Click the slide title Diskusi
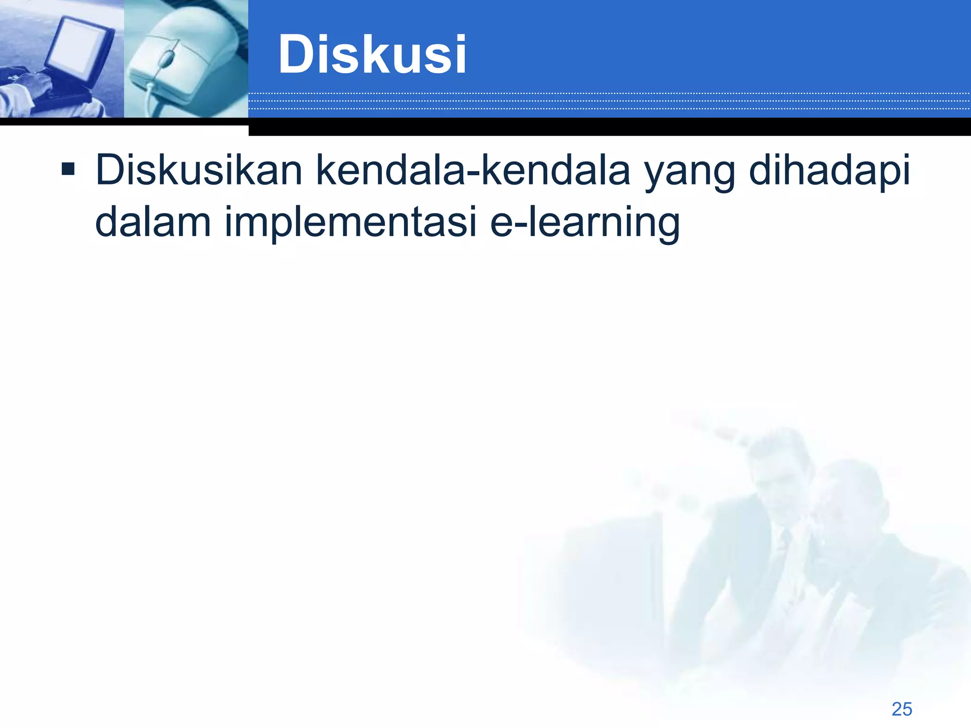pos(372,55)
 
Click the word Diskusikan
pos(199,170)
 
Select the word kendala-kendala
pos(473,170)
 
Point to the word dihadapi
pos(829,170)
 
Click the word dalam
pos(153,222)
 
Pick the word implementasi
pos(350,222)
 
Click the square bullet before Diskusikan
pos(68,169)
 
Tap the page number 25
pos(901,709)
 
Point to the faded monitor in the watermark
pos(616,569)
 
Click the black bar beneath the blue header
pos(609,127)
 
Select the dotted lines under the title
pos(609,101)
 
